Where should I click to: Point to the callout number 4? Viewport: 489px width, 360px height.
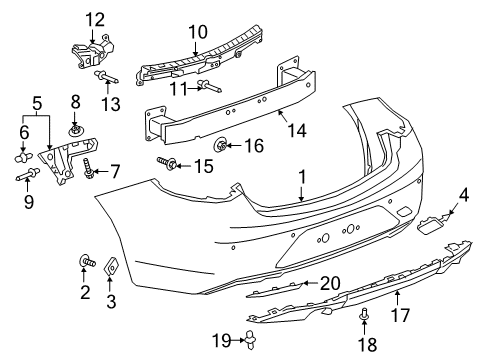(x=462, y=195)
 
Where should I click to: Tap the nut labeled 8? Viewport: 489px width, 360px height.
(x=76, y=130)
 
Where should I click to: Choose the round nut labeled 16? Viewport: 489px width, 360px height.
(x=222, y=146)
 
